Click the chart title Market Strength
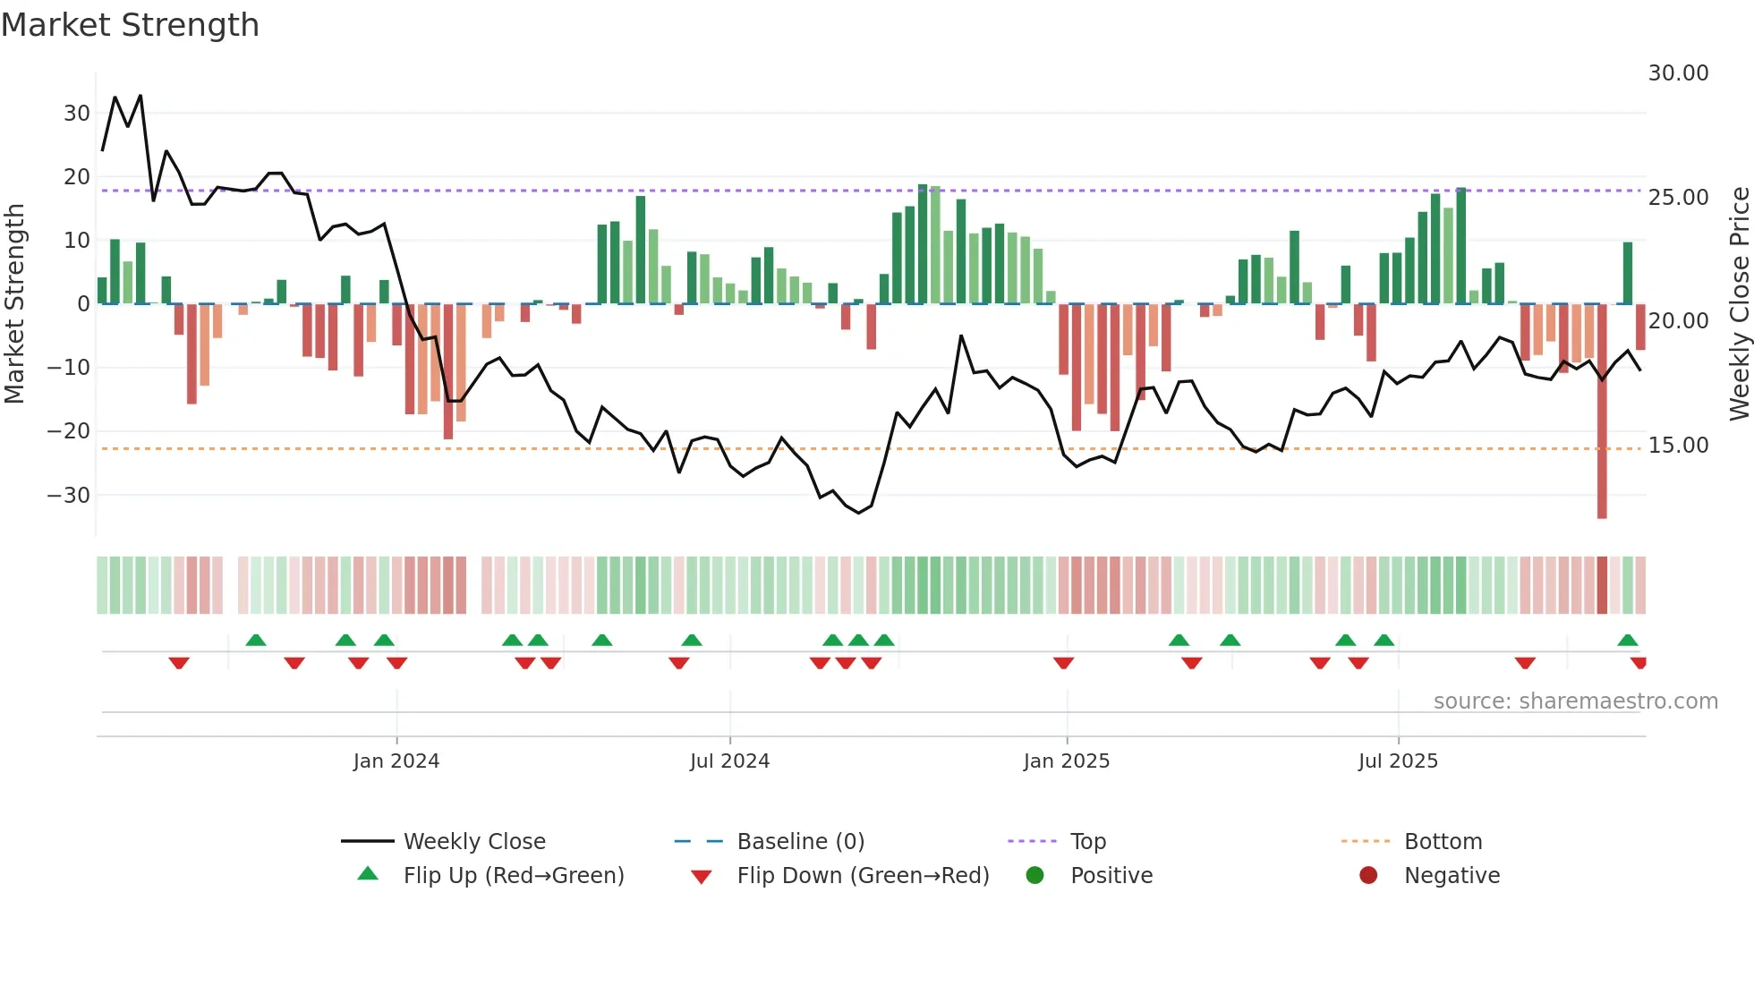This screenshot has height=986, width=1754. coord(131,25)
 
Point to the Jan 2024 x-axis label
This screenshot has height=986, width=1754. coord(396,761)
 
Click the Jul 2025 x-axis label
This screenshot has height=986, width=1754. coord(1398,761)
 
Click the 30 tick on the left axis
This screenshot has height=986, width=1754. coord(77,114)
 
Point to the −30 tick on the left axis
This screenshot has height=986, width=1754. coord(70,495)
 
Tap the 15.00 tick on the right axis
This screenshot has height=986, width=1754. coord(1678,445)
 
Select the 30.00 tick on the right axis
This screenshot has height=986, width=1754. coord(1678,73)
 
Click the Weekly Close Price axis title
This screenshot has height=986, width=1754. coord(1739,304)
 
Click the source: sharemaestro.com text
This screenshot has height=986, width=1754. coord(1575,701)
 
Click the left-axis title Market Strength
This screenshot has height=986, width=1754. coord(15,304)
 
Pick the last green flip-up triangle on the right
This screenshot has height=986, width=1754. coord(1627,640)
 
